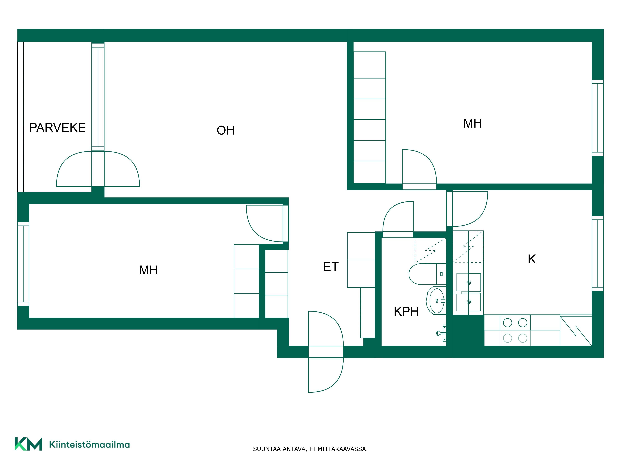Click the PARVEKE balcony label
pyautogui.click(x=57, y=128)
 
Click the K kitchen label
pyautogui.click(x=532, y=259)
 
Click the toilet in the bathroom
pyautogui.click(x=427, y=274)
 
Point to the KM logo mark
pyautogui.click(x=28, y=444)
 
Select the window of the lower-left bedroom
pyautogui.click(x=23, y=264)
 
